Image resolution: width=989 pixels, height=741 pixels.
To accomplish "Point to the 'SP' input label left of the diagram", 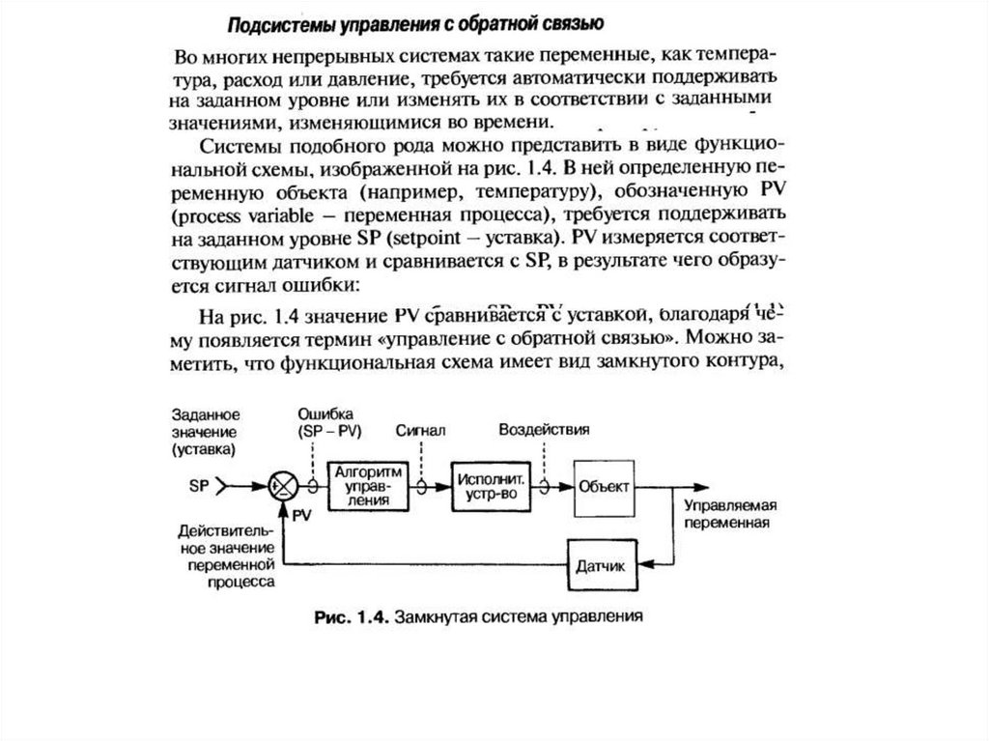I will click(x=199, y=487).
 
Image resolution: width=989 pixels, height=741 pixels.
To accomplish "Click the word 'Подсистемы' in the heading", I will click(x=281, y=21).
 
